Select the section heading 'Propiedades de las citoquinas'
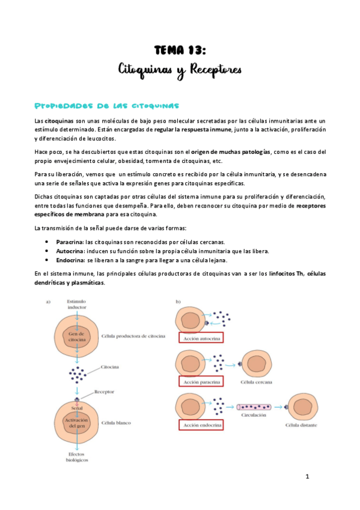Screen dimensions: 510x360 [107, 106]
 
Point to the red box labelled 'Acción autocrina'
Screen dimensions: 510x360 [201, 339]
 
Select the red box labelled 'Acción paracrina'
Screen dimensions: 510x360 [201, 382]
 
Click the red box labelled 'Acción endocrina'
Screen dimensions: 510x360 [201, 425]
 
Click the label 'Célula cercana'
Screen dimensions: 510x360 [254, 382]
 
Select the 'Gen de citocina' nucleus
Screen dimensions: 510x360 [77, 336]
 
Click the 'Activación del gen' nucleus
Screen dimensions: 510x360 [76, 423]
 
